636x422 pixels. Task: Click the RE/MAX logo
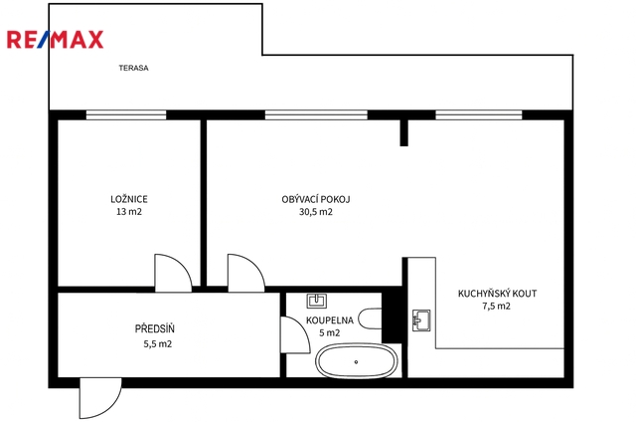pos(56,40)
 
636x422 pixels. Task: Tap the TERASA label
pos(133,68)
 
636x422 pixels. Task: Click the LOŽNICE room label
pos(129,199)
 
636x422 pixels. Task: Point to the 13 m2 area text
pos(129,212)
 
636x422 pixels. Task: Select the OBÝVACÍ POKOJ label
pos(316,199)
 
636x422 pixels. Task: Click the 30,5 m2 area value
pos(316,212)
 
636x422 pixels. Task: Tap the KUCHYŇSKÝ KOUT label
pos(497,294)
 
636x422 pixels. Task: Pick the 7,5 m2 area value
pos(497,306)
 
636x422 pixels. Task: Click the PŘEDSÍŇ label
pos(155,328)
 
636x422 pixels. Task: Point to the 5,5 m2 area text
pos(157,344)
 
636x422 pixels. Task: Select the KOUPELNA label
pos(329,320)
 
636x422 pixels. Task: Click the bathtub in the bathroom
pos(356,361)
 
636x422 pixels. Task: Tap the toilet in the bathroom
pos(371,318)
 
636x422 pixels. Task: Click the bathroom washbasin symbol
pos(317,301)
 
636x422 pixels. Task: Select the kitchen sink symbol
pos(421,320)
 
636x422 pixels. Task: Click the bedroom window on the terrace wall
pos(126,114)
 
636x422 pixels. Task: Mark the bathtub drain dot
pos(356,362)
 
